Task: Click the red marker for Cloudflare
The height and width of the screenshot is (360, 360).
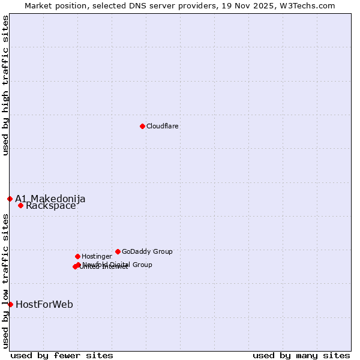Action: coord(142,126)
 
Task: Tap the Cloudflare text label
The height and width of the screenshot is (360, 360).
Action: coord(163,126)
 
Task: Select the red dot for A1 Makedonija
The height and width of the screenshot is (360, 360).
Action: coord(10,199)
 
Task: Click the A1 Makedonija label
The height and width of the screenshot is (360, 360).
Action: coord(50,199)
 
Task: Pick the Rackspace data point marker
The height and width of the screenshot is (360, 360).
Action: coord(20,205)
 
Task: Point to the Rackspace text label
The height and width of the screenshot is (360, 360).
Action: coord(51,206)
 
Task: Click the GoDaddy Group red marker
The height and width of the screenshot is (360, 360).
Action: coord(118,251)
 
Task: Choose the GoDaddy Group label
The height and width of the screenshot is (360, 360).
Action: coord(147,251)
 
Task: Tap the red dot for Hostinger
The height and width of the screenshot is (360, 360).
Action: coord(77,256)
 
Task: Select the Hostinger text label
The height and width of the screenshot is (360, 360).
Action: coord(97,256)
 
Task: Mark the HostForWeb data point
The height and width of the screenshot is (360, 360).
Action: coord(10,304)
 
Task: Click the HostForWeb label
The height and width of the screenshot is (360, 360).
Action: coord(44,304)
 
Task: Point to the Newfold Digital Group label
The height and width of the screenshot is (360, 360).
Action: coord(118,264)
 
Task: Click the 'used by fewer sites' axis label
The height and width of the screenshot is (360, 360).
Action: coord(62,355)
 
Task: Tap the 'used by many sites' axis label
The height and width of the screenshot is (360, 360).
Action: coord(301,355)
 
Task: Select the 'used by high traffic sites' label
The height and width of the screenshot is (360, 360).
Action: coord(5,85)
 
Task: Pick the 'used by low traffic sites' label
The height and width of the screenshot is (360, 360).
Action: coord(5,281)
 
